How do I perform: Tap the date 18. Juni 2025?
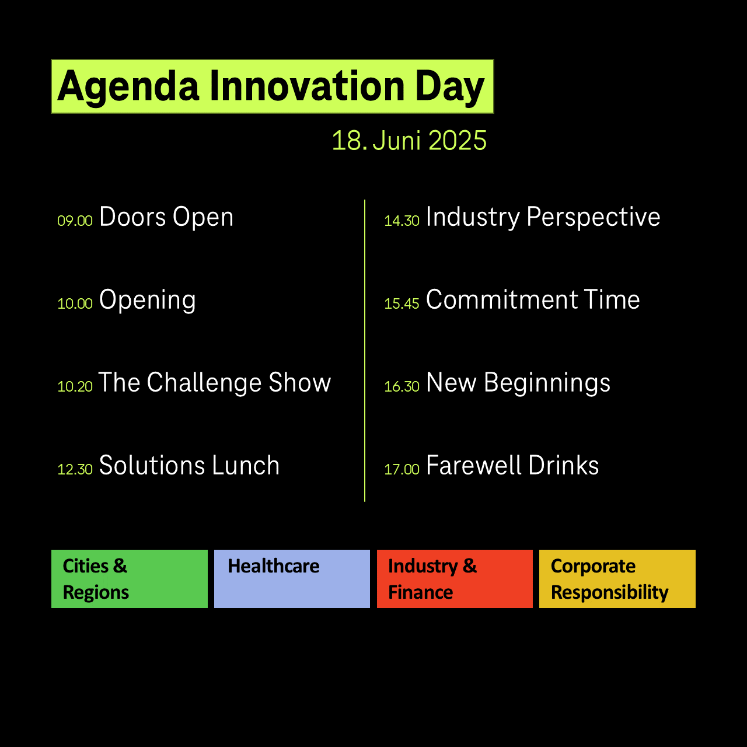(x=409, y=140)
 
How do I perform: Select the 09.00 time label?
(x=75, y=221)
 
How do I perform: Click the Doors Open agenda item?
(x=166, y=218)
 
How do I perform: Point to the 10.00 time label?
(x=75, y=303)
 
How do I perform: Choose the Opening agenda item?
(x=147, y=301)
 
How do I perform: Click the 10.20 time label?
(x=75, y=386)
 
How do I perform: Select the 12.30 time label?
(x=75, y=469)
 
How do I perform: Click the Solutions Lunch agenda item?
(x=189, y=465)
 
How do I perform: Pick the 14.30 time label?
(x=402, y=221)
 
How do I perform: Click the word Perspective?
(x=593, y=218)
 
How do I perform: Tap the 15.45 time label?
(x=402, y=303)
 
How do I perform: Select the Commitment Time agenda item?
(x=533, y=299)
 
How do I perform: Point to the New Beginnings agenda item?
(x=518, y=383)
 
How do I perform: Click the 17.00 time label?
(x=402, y=469)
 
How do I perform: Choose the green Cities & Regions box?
(x=130, y=579)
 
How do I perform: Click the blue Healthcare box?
(x=292, y=579)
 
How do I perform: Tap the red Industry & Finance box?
(x=455, y=579)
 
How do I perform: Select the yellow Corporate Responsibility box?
(x=617, y=579)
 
